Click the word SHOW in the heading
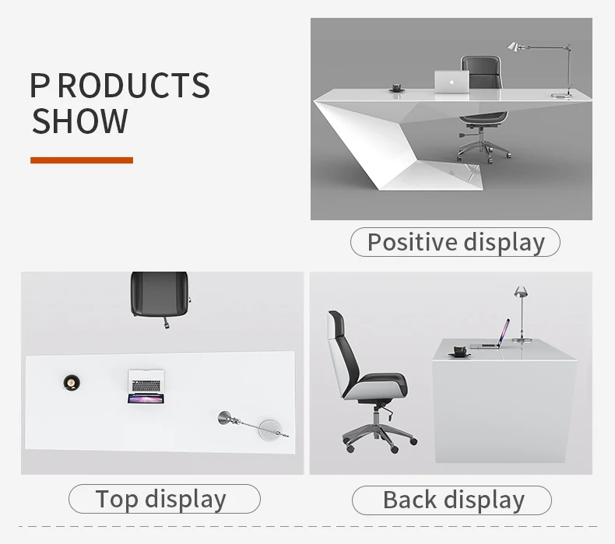point(80,121)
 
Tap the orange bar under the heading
point(82,160)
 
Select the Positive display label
point(455,242)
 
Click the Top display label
point(164,499)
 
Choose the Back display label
point(452,500)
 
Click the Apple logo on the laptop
point(452,82)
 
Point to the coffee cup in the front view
point(397,87)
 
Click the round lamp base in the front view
point(561,95)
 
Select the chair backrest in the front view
point(482,72)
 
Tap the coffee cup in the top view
point(72,381)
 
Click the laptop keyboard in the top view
point(146,386)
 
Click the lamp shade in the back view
point(521,291)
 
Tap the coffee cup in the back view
point(459,351)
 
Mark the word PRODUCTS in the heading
point(120,85)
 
